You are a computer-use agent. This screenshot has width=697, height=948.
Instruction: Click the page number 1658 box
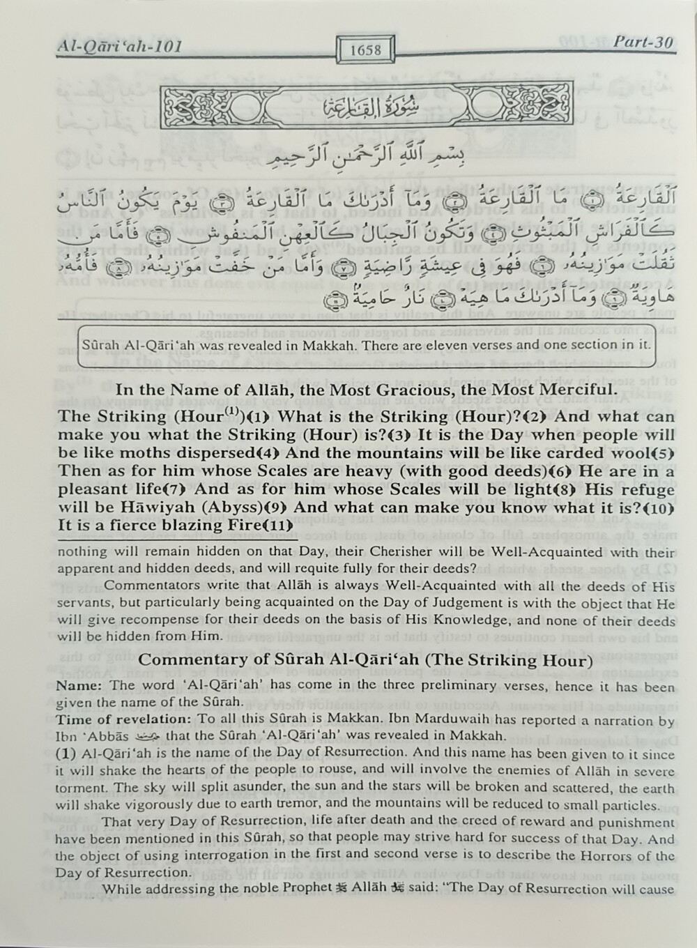click(x=367, y=49)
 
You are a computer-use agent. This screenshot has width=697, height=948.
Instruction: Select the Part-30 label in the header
click(x=644, y=42)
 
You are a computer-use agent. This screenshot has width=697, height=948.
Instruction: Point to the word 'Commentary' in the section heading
click(x=183, y=659)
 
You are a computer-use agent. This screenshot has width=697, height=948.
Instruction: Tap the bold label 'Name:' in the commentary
click(x=76, y=685)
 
